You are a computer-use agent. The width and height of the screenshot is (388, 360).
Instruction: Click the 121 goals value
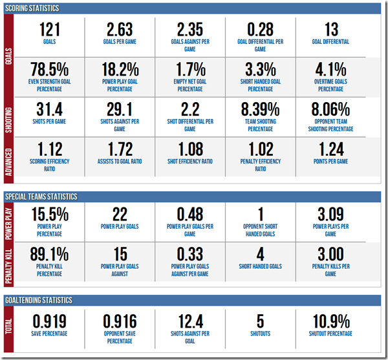click(x=49, y=30)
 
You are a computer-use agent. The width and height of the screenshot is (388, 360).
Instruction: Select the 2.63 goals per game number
click(x=120, y=30)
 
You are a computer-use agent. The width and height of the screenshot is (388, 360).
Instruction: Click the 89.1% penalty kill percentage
click(x=49, y=254)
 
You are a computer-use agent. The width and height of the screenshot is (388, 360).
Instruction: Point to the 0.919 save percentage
click(x=49, y=321)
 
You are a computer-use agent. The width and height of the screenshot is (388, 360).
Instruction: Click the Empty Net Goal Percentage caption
click(x=190, y=86)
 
